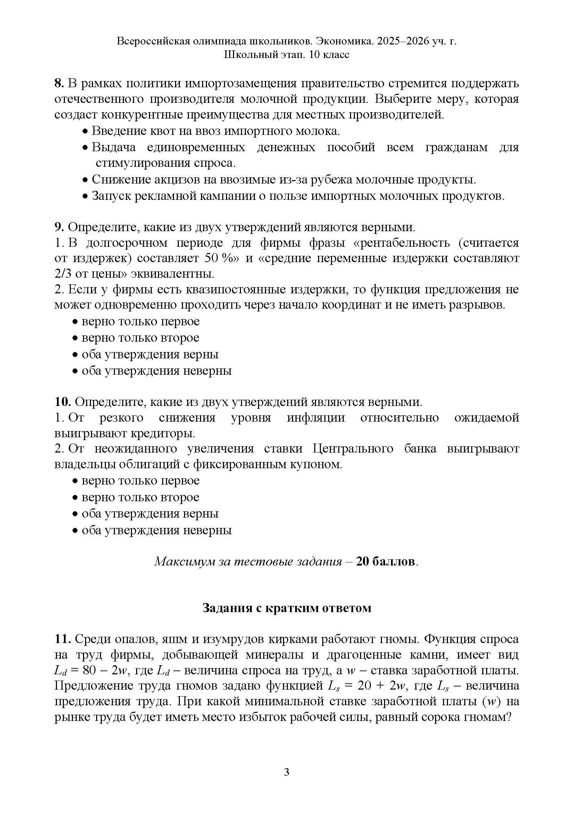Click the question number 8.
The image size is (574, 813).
58,83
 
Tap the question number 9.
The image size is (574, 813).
58,227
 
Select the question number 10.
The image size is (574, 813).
63,402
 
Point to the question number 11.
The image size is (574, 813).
63,639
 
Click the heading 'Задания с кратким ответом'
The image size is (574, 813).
287,608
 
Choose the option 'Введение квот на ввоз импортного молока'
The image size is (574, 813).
216,131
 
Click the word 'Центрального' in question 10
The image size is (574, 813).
353,449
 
